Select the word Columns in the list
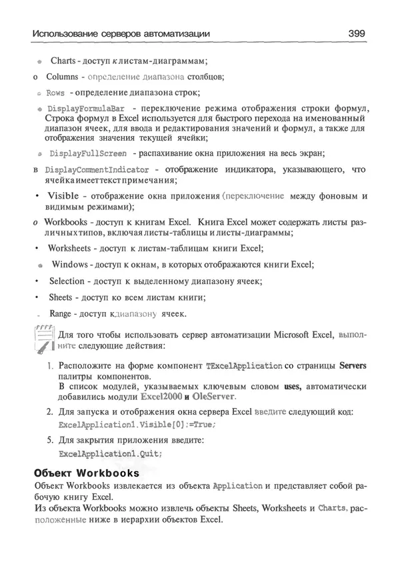coord(61,77)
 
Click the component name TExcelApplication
coord(244,366)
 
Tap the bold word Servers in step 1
coord(353,366)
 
